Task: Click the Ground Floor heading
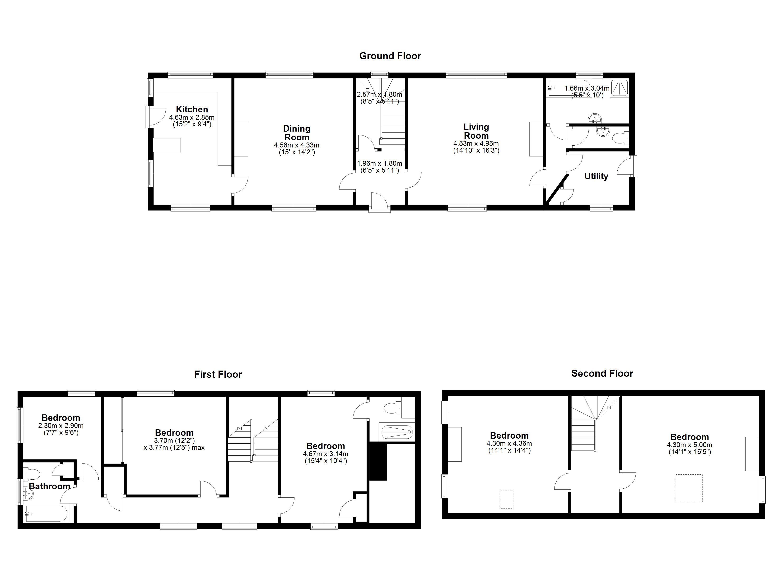[x=390, y=56]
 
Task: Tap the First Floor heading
[x=218, y=374]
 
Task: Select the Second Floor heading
[x=602, y=373]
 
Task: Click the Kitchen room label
[x=192, y=109]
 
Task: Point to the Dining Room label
[x=297, y=133]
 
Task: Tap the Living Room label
[x=476, y=131]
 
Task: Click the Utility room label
[x=596, y=176]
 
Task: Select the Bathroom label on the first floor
[x=49, y=486]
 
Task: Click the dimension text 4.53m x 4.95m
[x=476, y=143]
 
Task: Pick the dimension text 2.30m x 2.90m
[x=61, y=426]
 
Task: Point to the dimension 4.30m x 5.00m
[x=690, y=445]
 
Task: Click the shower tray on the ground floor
[x=619, y=88]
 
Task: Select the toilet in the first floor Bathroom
[x=31, y=473]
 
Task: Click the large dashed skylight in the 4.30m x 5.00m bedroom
[x=688, y=488]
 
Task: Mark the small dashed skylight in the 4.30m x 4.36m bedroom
[x=507, y=500]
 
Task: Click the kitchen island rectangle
[x=167, y=145]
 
